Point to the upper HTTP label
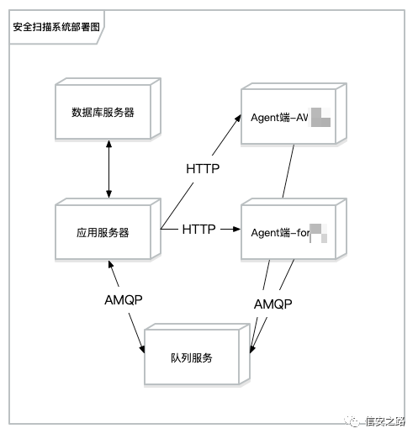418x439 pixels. pos(202,168)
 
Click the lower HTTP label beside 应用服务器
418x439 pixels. pos(198,229)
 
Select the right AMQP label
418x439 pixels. pos(272,304)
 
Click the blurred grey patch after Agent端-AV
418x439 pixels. pos(320,117)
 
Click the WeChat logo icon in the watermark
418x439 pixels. pos(349,422)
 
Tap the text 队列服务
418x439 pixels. pos(191,357)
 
